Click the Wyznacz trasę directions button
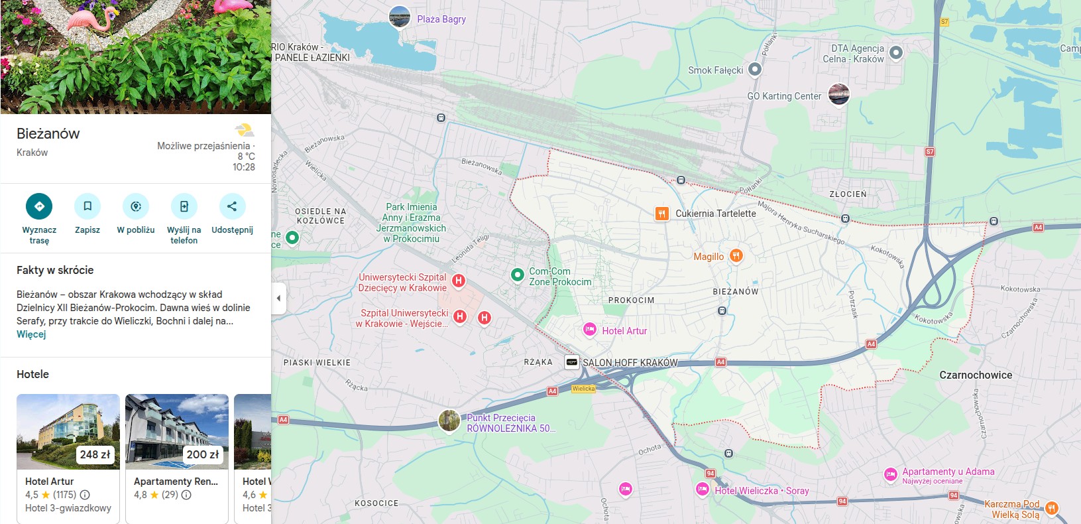[39, 206]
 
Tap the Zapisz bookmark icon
[87, 206]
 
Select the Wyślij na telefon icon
[184, 206]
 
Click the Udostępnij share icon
[232, 206]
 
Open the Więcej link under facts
[31, 334]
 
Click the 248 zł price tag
[95, 454]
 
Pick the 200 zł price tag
[202, 454]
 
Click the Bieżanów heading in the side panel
[48, 133]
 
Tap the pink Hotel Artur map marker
[589, 330]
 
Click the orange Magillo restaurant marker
[736, 255]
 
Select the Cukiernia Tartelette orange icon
[661, 214]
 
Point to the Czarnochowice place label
[976, 375]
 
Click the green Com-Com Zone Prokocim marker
[518, 275]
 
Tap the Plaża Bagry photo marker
[399, 17]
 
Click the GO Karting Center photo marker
[838, 94]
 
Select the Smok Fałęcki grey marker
[755, 69]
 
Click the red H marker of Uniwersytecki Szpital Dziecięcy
[458, 281]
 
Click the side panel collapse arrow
[279, 298]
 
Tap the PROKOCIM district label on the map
[631, 300]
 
